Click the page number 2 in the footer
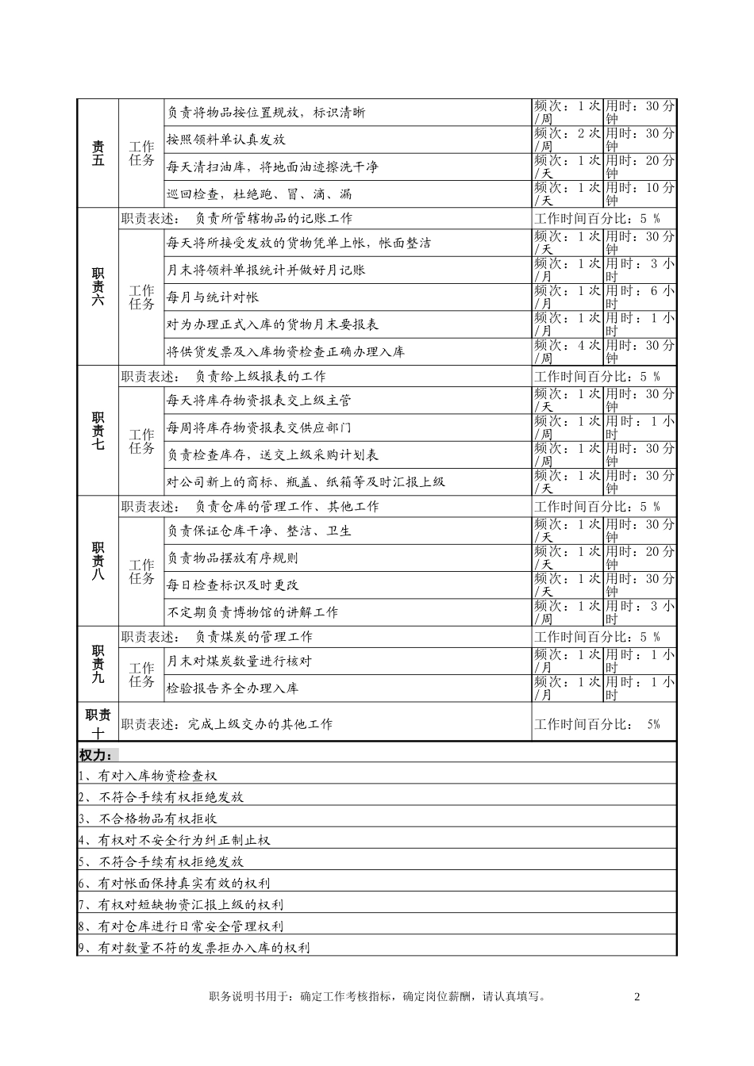pos(637,997)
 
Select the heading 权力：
pos(97,753)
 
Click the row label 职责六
pos(98,286)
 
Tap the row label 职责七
pos(98,430)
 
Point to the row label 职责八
pos(98,561)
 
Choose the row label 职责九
pos(98,664)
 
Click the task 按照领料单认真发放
pos(226,140)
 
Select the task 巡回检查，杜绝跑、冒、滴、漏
pos(259,194)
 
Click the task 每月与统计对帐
pos(212,297)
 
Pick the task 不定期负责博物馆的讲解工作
pos(252,612)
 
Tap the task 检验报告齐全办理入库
pos(232,688)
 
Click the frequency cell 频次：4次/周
pos(567,351)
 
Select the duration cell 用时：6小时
pos(640,297)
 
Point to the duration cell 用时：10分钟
pos(640,194)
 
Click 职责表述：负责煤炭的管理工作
pos(217,637)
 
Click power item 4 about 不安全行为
pos(174,840)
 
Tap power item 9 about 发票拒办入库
pos(194,947)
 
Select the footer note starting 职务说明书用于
pos(377,997)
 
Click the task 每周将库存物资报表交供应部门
pos(259,428)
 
